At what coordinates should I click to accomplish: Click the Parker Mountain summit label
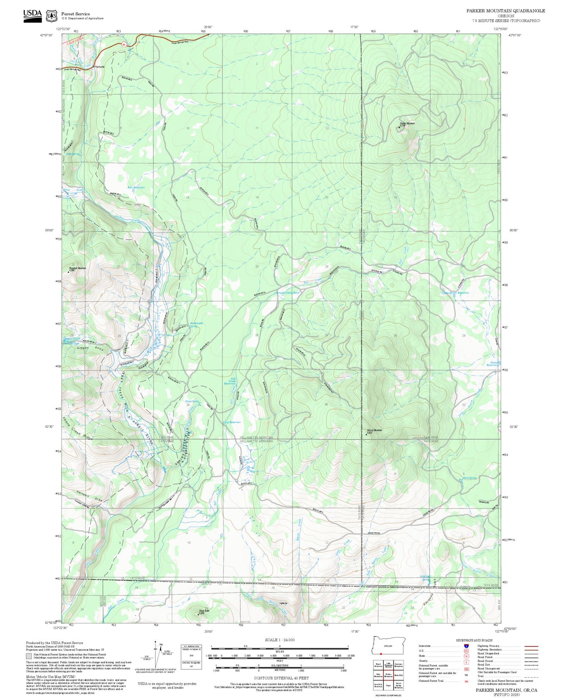tap(407, 124)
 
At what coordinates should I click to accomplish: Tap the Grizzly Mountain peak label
tap(374, 431)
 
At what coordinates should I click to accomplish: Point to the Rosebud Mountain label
tap(78, 268)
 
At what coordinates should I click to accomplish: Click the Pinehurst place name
tap(99, 67)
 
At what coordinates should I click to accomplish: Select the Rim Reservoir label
tap(136, 187)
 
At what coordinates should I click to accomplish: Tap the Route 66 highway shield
tap(124, 44)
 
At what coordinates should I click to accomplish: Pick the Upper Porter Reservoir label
tap(455, 293)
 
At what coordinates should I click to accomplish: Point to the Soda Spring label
tap(73, 154)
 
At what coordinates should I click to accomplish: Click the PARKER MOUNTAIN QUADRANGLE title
tap(506, 11)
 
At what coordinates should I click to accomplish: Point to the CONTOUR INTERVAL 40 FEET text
tap(279, 678)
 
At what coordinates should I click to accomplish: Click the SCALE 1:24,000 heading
tap(279, 640)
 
